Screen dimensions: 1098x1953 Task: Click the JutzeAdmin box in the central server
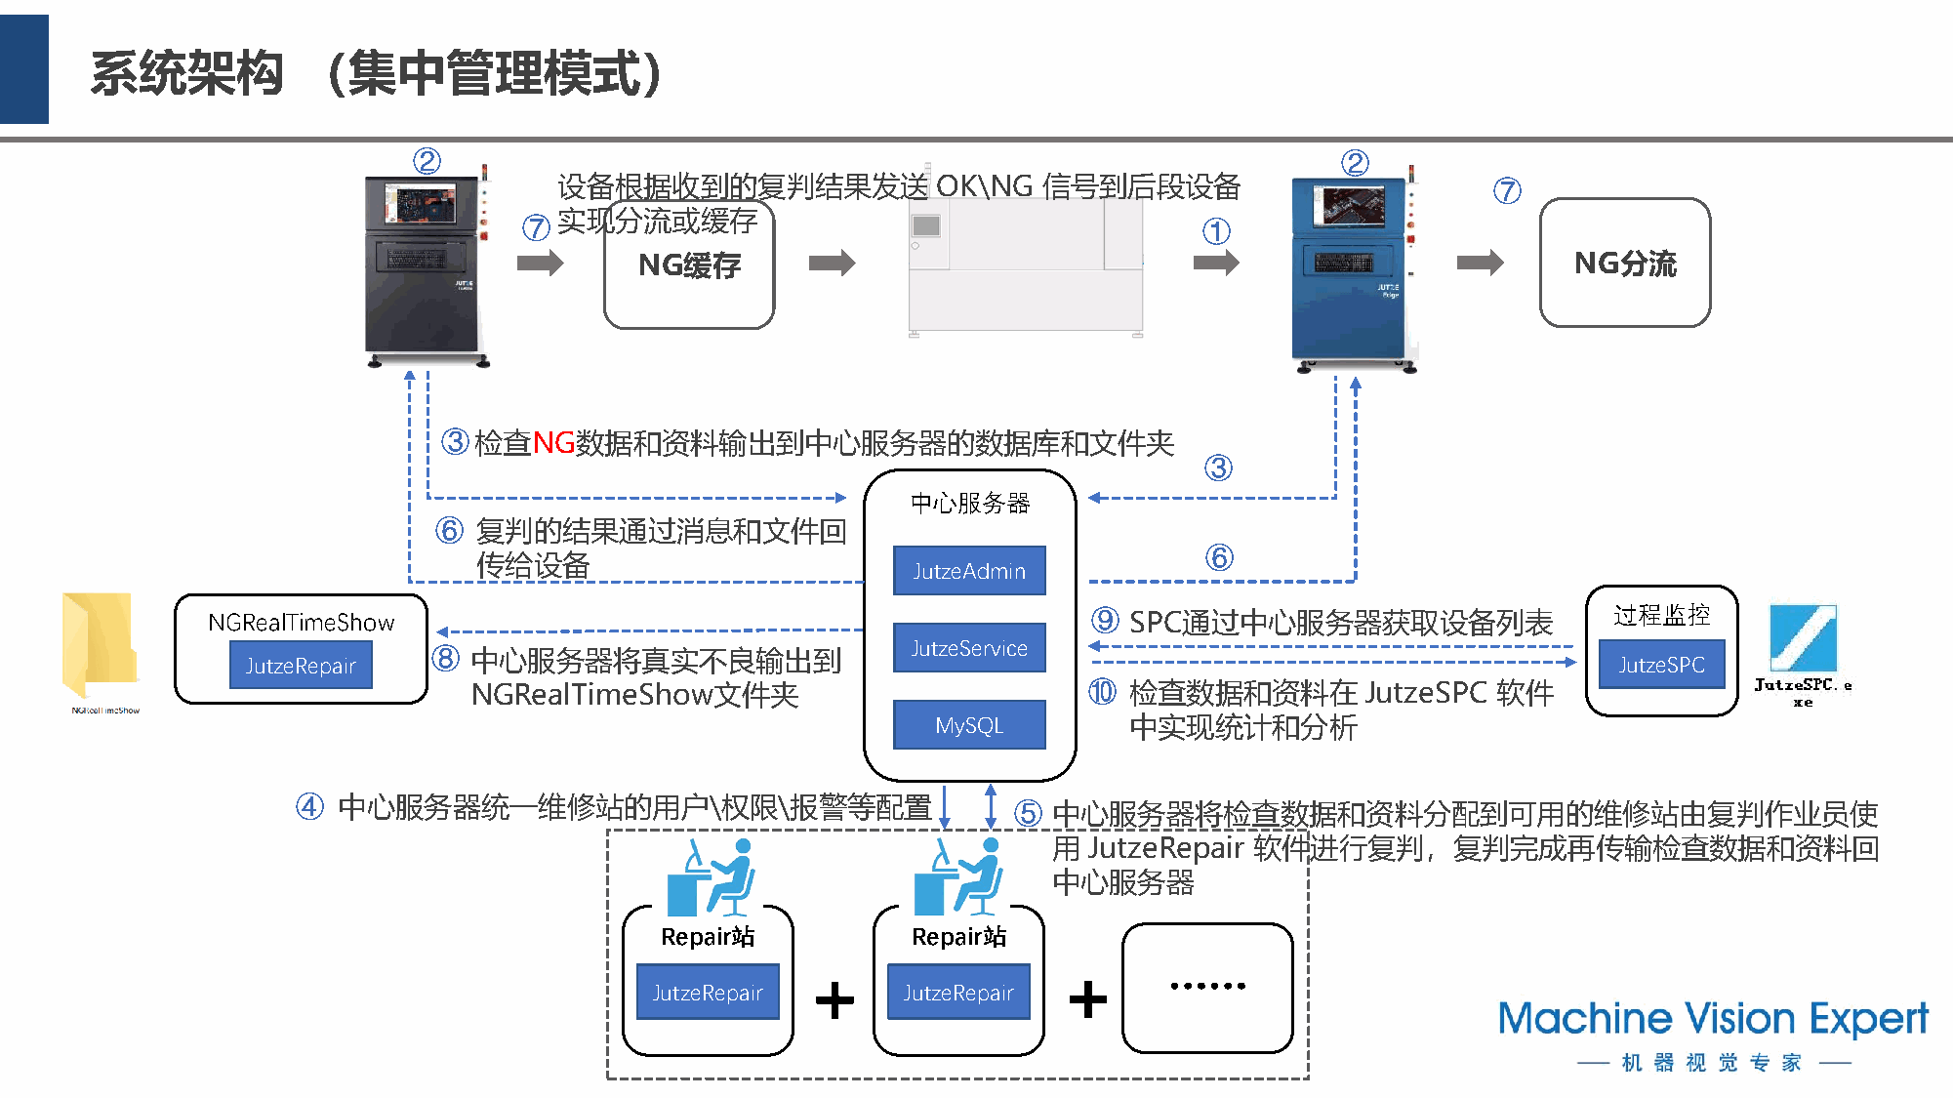969,571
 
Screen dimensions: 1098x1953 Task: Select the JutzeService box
969,648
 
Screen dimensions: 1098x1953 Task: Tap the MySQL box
969,725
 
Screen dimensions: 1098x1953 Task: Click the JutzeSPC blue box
1661,665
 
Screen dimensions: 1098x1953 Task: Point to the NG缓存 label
689,265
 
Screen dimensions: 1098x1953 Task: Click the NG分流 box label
1625,264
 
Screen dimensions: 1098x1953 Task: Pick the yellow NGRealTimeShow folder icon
100,645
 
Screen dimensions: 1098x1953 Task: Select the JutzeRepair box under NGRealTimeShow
301,666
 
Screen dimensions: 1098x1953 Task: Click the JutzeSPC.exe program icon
1803,638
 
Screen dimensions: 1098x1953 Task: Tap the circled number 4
310,807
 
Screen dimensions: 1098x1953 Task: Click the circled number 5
1028,813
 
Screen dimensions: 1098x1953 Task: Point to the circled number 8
446,659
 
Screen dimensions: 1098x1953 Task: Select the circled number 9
1105,621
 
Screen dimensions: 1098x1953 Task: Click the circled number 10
1103,692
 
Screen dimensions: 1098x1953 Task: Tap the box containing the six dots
1207,987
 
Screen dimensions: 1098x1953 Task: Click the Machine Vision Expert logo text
1713,1019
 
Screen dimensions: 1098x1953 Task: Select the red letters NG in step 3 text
553,443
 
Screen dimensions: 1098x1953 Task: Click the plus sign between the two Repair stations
834,999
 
